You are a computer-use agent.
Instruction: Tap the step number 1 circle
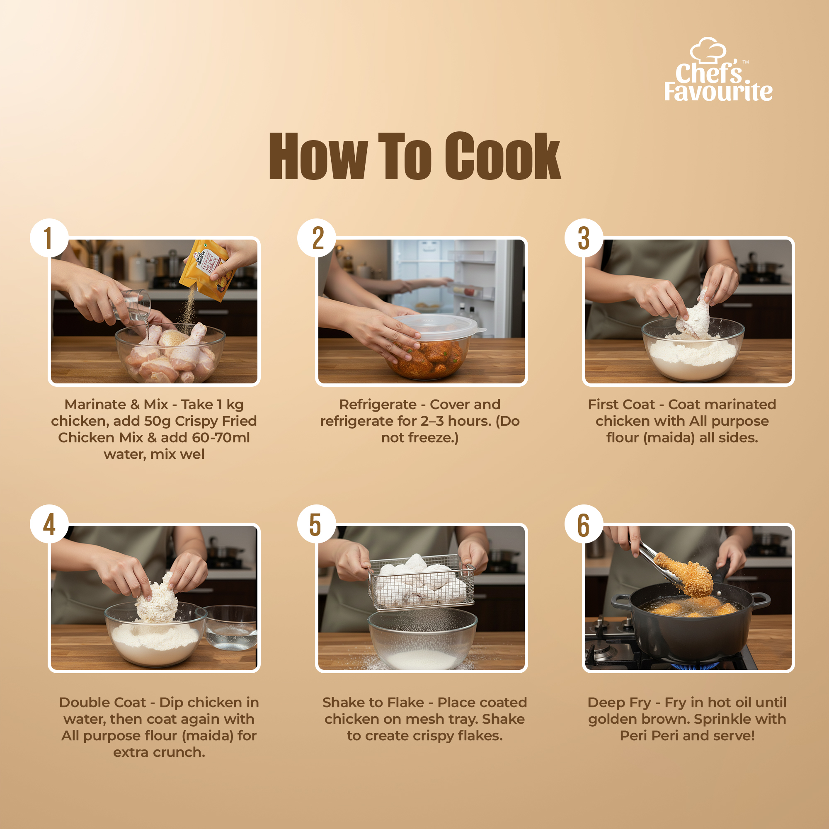[49, 238]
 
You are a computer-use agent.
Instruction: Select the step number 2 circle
[317, 238]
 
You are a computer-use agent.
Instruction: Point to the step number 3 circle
[584, 238]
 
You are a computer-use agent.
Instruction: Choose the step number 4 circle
[49, 524]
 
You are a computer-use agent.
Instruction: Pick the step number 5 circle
[317, 524]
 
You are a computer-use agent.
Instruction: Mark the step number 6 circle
[584, 524]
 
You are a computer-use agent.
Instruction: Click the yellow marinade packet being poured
[207, 270]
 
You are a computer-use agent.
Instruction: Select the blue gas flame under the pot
[696, 666]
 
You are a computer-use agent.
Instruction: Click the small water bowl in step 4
[231, 627]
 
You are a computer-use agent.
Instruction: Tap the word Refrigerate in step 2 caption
[378, 404]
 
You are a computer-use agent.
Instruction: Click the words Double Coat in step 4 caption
[102, 703]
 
